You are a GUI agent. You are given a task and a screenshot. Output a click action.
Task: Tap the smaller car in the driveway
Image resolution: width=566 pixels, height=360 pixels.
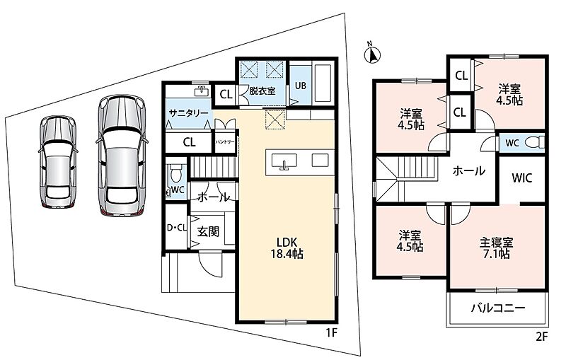[58, 163]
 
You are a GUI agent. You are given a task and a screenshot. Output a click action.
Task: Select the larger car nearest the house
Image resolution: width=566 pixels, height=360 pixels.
[122, 156]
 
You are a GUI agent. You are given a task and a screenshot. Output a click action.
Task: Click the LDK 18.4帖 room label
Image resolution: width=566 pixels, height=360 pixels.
[287, 248]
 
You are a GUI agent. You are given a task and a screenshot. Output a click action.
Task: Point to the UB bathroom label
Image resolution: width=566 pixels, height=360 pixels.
[300, 86]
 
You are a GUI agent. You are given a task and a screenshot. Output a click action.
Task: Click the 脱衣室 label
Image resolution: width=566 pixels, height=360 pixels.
[262, 91]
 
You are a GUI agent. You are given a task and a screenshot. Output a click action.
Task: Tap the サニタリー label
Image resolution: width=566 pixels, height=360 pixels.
[188, 113]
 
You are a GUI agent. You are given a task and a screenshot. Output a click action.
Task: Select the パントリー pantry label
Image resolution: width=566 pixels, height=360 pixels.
[225, 141]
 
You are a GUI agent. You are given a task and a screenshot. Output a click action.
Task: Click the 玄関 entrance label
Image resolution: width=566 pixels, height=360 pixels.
[208, 231]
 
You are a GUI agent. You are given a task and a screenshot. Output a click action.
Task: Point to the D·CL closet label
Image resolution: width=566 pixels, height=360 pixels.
[176, 228]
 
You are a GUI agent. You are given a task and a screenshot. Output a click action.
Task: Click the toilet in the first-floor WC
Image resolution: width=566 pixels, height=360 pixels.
[175, 173]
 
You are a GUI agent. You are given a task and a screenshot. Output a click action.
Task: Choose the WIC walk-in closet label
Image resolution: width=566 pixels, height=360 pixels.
[521, 178]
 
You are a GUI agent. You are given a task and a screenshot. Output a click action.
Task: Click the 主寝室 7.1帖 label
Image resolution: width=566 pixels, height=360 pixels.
[496, 248]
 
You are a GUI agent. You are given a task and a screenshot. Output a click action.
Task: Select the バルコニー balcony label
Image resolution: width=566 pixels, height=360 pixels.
[499, 308]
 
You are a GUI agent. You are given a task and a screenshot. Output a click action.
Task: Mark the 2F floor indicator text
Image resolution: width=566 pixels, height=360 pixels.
[541, 337]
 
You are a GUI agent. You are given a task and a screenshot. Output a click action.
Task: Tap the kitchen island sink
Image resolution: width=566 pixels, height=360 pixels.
[284, 161]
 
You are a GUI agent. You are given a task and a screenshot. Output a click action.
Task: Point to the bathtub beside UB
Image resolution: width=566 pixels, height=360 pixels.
[323, 83]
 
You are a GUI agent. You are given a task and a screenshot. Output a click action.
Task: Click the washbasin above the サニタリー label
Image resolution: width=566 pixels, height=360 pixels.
[201, 91]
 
